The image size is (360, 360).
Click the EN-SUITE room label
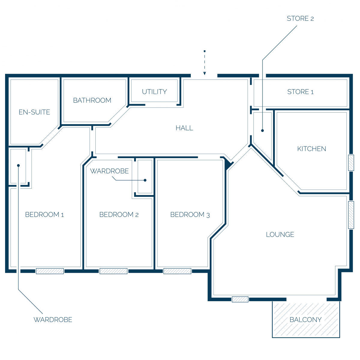[34, 112]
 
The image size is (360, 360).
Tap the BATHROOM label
[92, 100]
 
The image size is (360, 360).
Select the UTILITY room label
[154, 92]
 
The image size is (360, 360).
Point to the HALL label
[184, 128]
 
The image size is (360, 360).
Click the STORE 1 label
[300, 92]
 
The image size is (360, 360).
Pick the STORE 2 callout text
[300, 19]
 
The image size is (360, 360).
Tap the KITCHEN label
[312, 149]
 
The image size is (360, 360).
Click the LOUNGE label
[280, 235]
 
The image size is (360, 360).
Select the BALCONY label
[306, 319]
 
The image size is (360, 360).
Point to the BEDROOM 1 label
[44, 214]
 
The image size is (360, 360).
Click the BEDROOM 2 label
[119, 214]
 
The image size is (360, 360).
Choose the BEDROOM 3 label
[190, 215]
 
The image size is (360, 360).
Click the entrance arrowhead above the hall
[205, 73]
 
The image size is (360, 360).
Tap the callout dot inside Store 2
[262, 130]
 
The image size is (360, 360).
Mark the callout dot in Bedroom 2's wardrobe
[145, 180]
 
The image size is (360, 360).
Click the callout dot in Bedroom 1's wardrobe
[18, 165]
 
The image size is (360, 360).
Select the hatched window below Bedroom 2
[113, 271]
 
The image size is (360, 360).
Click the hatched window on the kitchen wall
[351, 163]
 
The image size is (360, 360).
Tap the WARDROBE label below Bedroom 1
[53, 319]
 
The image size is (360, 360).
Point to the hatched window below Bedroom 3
[177, 271]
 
